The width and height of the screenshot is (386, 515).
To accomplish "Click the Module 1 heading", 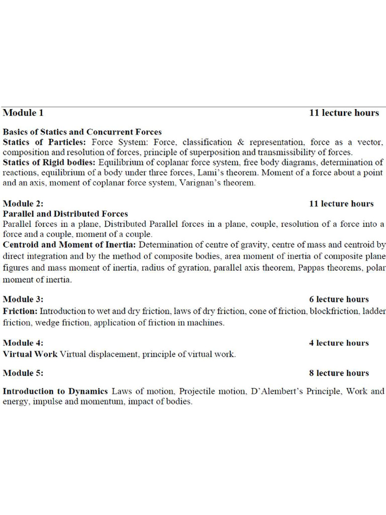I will (x=23, y=113).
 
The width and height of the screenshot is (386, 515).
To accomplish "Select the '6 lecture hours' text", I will (x=339, y=299).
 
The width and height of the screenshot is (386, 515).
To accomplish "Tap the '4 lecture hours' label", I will (x=339, y=343).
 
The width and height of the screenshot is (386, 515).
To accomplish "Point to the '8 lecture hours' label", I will (x=339, y=373).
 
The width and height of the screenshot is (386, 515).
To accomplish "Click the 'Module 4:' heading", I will (x=23, y=343).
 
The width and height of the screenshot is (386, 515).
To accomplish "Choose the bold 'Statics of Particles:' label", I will (x=44, y=142).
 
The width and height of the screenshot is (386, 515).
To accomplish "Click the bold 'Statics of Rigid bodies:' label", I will (x=50, y=162).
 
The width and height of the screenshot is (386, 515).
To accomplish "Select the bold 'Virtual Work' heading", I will (x=30, y=354).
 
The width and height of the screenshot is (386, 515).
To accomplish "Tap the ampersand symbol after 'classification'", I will (x=241, y=142).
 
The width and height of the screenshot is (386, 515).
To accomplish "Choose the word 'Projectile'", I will (x=197, y=391).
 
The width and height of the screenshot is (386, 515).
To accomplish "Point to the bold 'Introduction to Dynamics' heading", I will (x=55, y=391).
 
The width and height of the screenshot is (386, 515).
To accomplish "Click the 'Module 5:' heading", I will (x=23, y=373).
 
